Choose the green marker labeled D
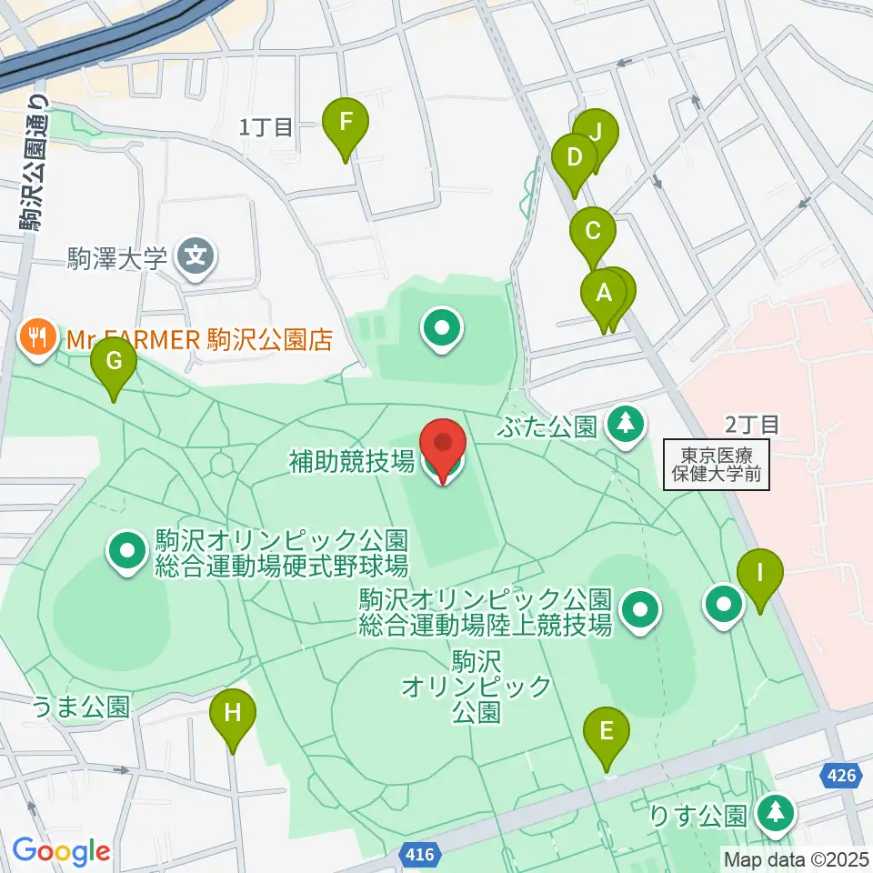point(574,159)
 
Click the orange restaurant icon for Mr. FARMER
point(37,339)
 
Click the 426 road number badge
point(841,776)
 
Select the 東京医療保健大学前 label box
point(717,465)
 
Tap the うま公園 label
point(81,707)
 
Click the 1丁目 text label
point(266,127)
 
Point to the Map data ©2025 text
point(797,858)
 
